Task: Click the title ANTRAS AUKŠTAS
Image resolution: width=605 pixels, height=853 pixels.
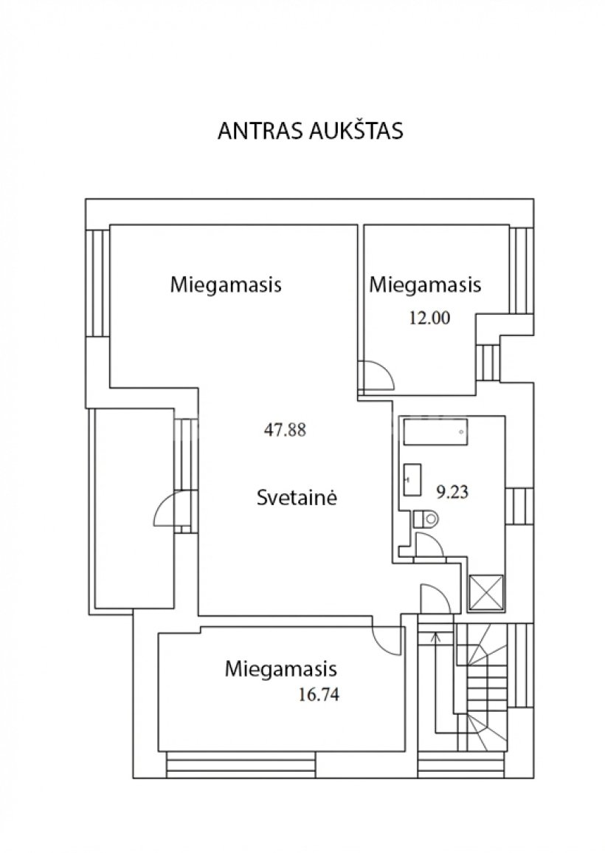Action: tap(311, 131)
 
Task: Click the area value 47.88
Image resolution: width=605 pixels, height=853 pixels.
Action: tap(285, 430)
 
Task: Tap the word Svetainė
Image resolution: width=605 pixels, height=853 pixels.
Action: tap(297, 497)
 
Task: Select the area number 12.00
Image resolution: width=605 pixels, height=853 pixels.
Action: tap(429, 318)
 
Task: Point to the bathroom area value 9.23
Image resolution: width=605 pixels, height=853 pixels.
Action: tap(453, 492)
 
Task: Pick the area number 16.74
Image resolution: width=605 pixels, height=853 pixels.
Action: tap(319, 694)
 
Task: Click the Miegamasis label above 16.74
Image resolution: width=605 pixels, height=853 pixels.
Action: tap(281, 668)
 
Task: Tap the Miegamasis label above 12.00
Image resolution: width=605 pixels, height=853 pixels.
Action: tap(426, 284)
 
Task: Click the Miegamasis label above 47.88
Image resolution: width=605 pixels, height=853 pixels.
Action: tap(226, 284)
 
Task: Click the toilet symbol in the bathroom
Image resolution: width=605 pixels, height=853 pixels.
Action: tap(426, 518)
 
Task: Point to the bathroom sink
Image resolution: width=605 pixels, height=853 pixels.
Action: tap(412, 479)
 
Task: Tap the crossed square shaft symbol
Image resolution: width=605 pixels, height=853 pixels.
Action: tap(486, 592)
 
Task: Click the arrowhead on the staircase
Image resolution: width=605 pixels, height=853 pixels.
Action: tap(435, 635)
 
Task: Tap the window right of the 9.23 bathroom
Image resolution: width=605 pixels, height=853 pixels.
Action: tap(519, 506)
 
